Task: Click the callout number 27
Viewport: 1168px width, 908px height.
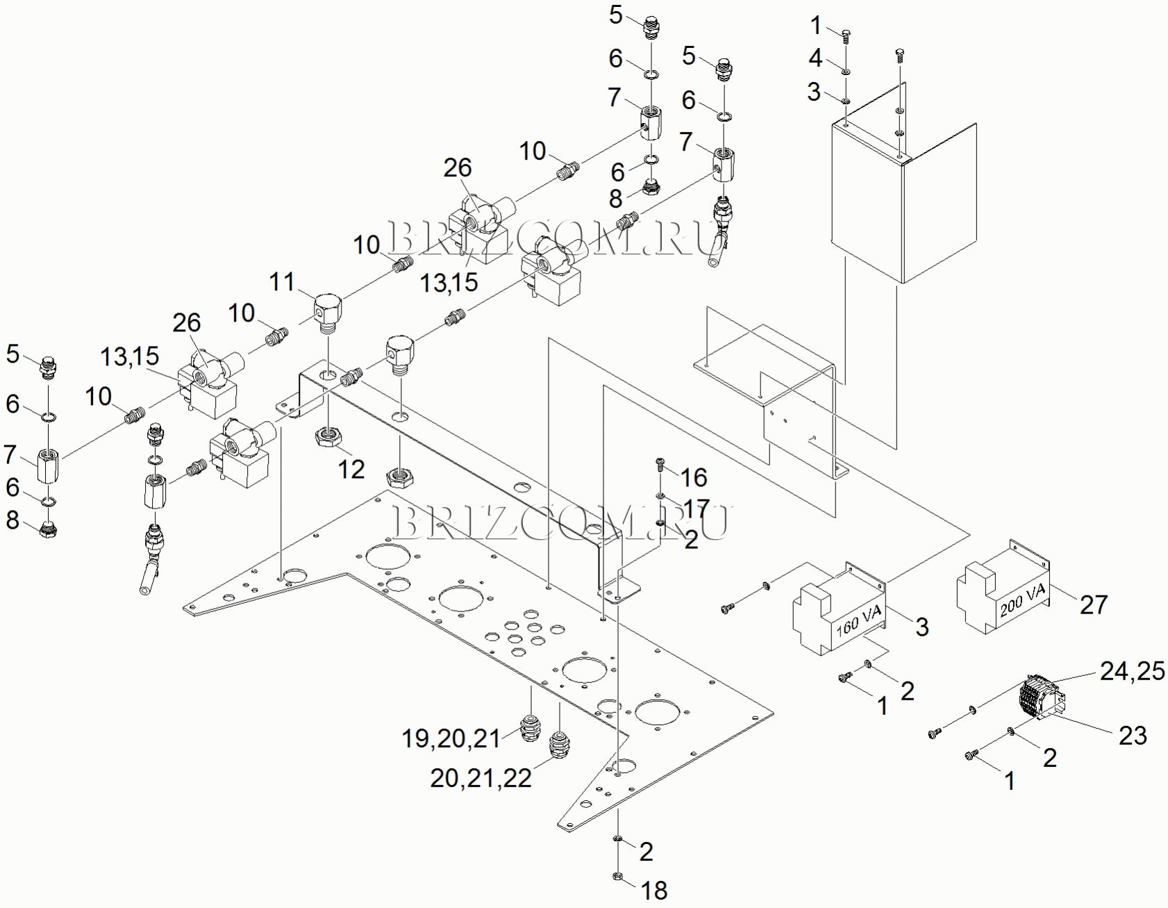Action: pos(1093,604)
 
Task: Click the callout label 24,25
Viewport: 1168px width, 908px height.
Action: pos(1132,670)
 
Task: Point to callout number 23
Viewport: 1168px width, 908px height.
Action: pos(1132,735)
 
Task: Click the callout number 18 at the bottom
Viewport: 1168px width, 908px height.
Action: pos(654,890)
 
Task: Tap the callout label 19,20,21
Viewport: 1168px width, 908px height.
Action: pos(451,738)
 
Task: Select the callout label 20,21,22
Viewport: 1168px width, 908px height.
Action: pos(481,778)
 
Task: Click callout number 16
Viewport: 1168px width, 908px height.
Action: pos(693,477)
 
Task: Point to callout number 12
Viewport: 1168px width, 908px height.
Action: pos(351,469)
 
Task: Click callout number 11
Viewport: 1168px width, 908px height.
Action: pos(282,281)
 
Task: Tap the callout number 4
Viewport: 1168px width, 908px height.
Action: pos(815,58)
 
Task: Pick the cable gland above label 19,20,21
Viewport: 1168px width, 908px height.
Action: pos(531,727)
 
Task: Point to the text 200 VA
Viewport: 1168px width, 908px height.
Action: pos(1022,600)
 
